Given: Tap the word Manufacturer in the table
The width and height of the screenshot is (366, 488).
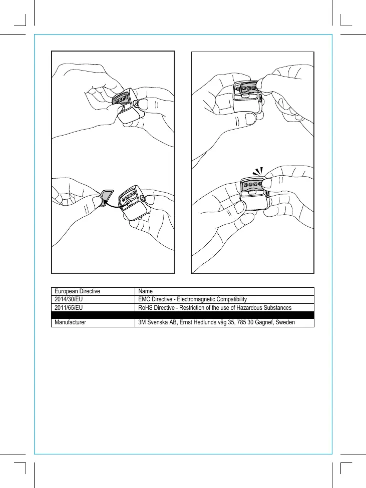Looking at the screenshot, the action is (x=71, y=323).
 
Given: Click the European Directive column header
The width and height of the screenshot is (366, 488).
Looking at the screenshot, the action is (x=78, y=291).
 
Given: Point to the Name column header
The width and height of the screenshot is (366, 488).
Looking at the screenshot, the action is (x=145, y=291).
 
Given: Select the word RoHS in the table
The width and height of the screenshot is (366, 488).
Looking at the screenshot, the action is (x=145, y=307).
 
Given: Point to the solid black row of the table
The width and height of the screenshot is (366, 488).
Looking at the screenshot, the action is (x=183, y=315).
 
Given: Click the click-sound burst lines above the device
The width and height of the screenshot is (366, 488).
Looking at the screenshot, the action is (x=258, y=171).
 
